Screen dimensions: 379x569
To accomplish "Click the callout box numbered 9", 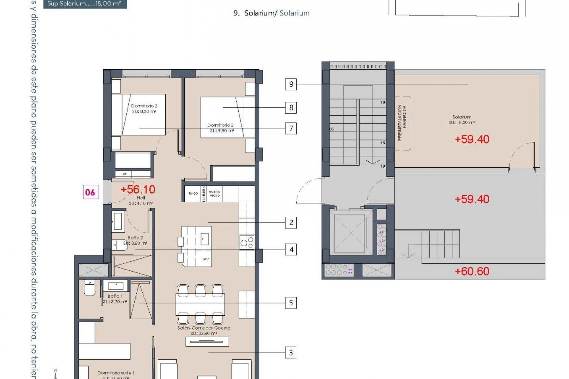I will point(291,84).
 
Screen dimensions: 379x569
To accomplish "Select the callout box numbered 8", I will point(291,107).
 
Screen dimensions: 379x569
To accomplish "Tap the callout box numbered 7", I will point(291,128).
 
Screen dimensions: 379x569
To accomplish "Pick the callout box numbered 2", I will point(291,222).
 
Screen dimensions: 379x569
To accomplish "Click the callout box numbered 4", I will point(291,250).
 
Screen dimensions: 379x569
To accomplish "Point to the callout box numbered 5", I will point(291,303).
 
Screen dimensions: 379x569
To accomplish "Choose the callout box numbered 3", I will point(291,353).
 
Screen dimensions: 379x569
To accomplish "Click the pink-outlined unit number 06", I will point(90,192).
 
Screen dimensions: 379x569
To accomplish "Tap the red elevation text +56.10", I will point(138,189).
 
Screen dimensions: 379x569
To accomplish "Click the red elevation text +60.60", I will point(472,271).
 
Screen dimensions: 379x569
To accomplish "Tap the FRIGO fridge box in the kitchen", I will point(193,194).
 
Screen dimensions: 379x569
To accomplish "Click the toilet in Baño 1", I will point(89,288).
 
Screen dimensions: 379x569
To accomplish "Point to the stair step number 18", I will point(383,166).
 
